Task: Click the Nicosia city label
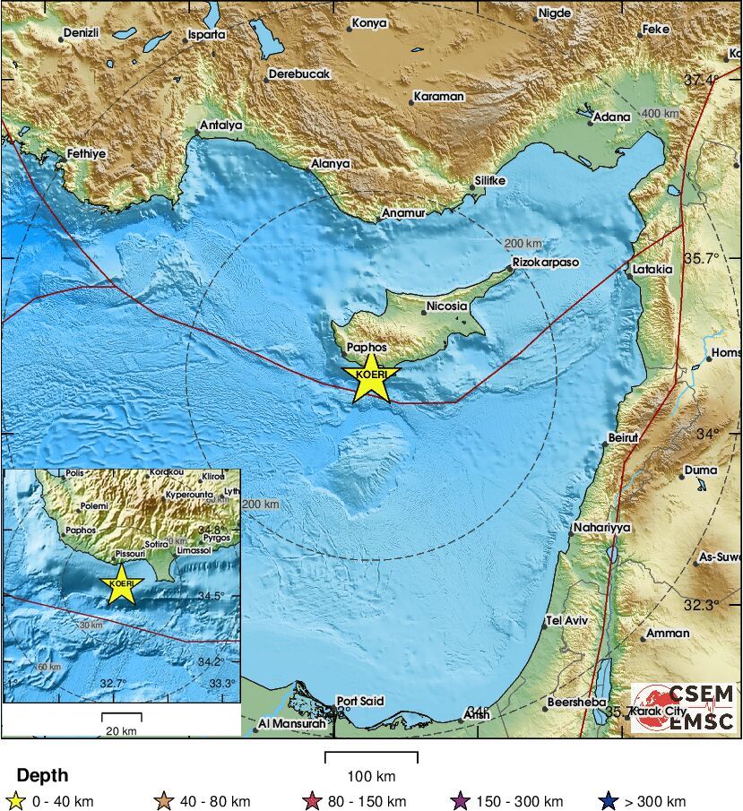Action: (x=447, y=306)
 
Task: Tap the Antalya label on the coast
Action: (x=221, y=125)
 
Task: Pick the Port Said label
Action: (x=359, y=701)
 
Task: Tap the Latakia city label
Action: (x=652, y=268)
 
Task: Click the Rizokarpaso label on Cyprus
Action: (x=545, y=263)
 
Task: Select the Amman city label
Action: (x=668, y=634)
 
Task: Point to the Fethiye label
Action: (x=87, y=154)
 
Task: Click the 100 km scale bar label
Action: (x=371, y=776)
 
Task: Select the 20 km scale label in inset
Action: (x=121, y=730)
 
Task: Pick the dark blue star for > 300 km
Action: (x=610, y=801)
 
